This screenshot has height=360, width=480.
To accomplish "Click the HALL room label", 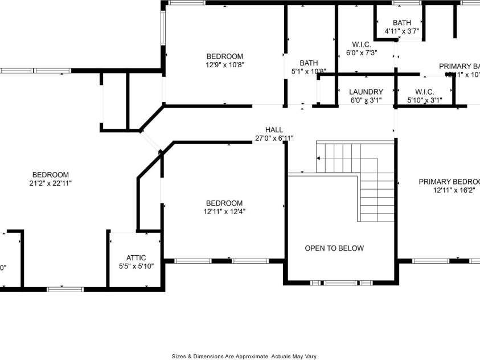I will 274,130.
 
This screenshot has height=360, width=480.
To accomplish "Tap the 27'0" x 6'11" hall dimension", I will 274,138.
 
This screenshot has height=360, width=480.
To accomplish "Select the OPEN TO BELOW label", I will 334,248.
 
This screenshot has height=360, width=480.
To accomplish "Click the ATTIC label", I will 136,258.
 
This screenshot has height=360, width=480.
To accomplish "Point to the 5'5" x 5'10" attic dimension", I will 136,266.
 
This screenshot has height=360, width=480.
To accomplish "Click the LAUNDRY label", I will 366,92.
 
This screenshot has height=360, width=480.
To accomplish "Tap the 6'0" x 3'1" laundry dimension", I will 366,100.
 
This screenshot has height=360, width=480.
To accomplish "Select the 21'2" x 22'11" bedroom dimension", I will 51,183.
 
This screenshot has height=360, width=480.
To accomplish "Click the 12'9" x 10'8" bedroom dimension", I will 225,65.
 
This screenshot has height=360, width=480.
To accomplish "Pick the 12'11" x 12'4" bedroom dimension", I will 224,212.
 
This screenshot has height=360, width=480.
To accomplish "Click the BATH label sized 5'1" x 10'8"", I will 309,63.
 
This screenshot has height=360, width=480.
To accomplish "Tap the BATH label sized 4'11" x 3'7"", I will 401,23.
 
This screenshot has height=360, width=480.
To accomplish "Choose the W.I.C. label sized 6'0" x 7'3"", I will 362,44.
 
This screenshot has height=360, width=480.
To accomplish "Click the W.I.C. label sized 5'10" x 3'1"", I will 425,92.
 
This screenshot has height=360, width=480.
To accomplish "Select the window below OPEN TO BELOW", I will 341,283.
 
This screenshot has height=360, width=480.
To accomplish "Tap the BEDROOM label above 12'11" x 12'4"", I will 224,203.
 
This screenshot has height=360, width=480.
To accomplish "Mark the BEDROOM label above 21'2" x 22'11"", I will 51,175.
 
